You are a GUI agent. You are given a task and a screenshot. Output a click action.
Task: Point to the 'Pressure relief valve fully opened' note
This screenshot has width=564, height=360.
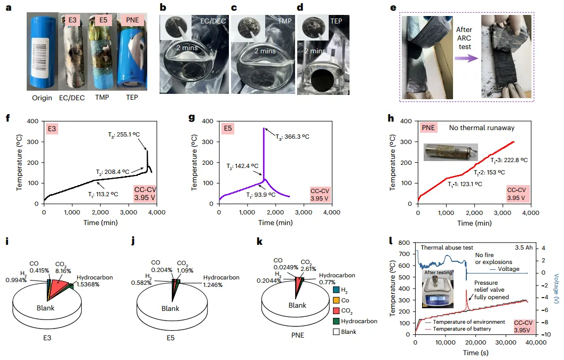tap(492, 290)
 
